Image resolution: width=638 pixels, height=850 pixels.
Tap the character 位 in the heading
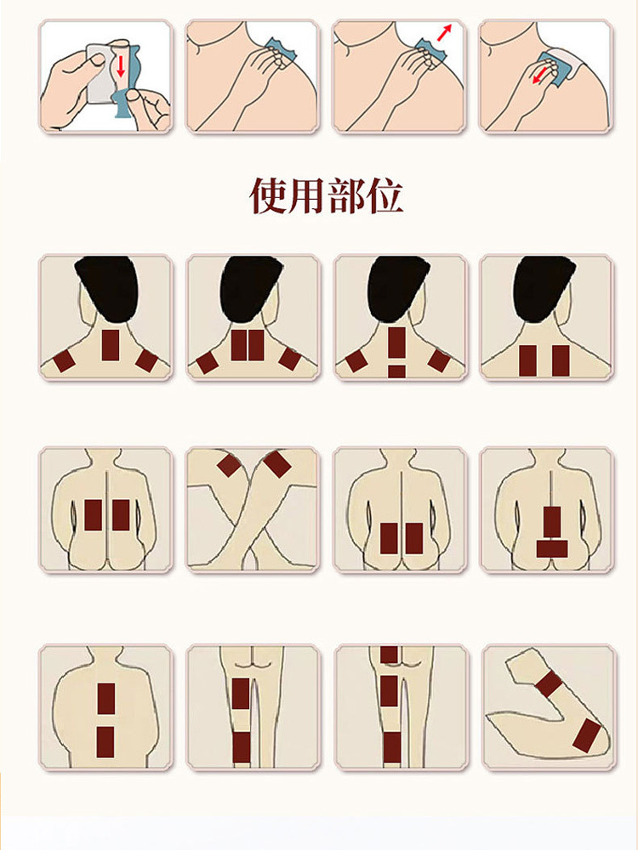[385, 195]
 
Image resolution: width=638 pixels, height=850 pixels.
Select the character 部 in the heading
[345, 195]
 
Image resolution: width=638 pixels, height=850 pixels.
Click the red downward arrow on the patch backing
[121, 66]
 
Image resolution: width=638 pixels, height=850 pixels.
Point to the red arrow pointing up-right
[444, 32]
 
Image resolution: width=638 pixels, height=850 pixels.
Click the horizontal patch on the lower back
[552, 548]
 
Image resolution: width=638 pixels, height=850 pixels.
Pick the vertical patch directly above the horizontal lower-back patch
[552, 523]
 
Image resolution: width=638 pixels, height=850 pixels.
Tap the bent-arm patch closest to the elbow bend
[586, 735]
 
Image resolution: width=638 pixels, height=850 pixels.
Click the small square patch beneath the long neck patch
[396, 371]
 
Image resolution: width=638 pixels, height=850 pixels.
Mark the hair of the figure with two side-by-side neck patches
[251, 288]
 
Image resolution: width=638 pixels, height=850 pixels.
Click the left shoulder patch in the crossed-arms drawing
[229, 466]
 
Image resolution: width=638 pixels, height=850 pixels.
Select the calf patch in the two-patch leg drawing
[242, 747]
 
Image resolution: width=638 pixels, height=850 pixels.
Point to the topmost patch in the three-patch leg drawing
[389, 654]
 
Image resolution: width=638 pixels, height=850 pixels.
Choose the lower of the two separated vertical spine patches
[105, 742]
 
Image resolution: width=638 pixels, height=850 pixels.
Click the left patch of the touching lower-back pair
[389, 538]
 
